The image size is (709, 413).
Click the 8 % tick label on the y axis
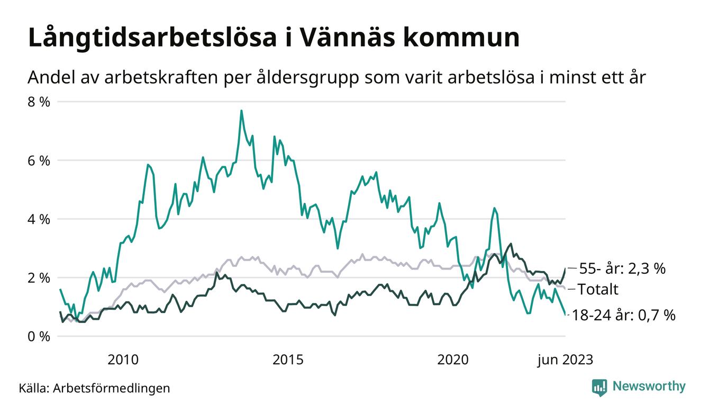pos(39,102)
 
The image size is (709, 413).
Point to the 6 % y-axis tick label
pos(39,160)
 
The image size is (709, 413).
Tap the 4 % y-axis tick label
pos(39,219)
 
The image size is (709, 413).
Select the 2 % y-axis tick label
pos(39,278)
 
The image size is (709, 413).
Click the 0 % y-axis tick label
pos(39,337)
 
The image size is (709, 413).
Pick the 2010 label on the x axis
pos(123,360)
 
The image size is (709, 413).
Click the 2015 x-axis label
pos(288,360)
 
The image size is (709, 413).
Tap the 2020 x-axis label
pos(453,360)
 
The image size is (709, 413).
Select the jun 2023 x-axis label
pos(565,360)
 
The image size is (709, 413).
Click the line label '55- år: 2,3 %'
pos(622,269)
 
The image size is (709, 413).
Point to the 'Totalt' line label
pos(597,289)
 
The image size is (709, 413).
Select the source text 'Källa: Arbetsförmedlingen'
pos(94,388)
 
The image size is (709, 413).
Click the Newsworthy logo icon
pos(599,387)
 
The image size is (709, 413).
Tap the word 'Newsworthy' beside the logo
pos(649,387)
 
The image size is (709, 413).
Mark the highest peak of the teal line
pos(241,111)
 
